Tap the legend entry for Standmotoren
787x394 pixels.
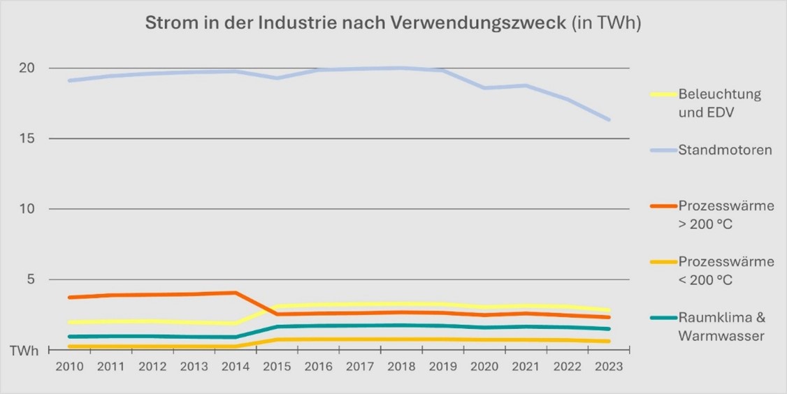coord(724,150)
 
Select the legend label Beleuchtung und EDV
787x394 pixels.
coord(719,103)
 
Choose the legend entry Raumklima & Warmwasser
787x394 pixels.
coord(722,326)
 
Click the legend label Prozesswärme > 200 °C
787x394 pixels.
coord(725,214)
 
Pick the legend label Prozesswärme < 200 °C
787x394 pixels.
coord(725,270)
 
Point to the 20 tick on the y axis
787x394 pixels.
coord(27,68)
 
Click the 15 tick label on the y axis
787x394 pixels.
coord(27,138)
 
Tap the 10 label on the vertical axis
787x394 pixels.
coord(27,209)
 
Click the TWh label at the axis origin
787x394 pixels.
coord(24,351)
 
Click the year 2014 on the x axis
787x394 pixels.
coord(234,367)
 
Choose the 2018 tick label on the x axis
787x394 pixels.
coord(401,367)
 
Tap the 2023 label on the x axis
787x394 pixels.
coord(609,367)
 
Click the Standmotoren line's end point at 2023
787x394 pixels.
coord(609,119)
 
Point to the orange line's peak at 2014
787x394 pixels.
coord(235,293)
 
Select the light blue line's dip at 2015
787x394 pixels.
coord(276,78)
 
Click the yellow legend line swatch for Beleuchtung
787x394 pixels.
coord(662,94)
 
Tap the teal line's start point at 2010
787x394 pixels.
coord(68,337)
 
